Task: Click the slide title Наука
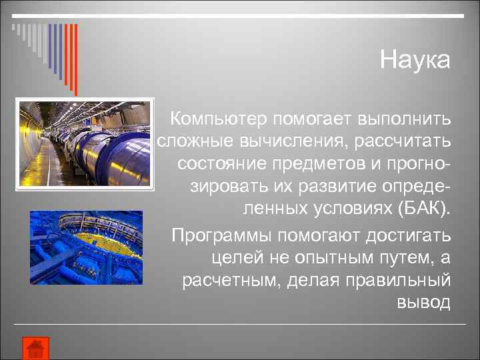click(x=415, y=60)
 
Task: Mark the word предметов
click(x=311, y=163)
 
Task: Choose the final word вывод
click(x=424, y=301)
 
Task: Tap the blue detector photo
click(x=86, y=247)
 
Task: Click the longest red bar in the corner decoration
click(x=75, y=60)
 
